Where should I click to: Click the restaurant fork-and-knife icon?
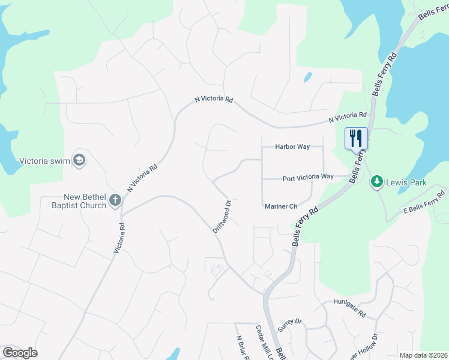355,137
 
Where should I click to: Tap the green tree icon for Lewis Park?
377,181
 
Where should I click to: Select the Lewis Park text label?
406,182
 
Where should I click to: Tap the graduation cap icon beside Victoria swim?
79,160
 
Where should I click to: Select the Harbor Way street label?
292,146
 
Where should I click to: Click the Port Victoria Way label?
308,178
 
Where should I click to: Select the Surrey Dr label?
290,325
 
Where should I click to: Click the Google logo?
20,353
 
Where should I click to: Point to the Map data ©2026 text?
423,355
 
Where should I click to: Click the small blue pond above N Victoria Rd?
308,77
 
